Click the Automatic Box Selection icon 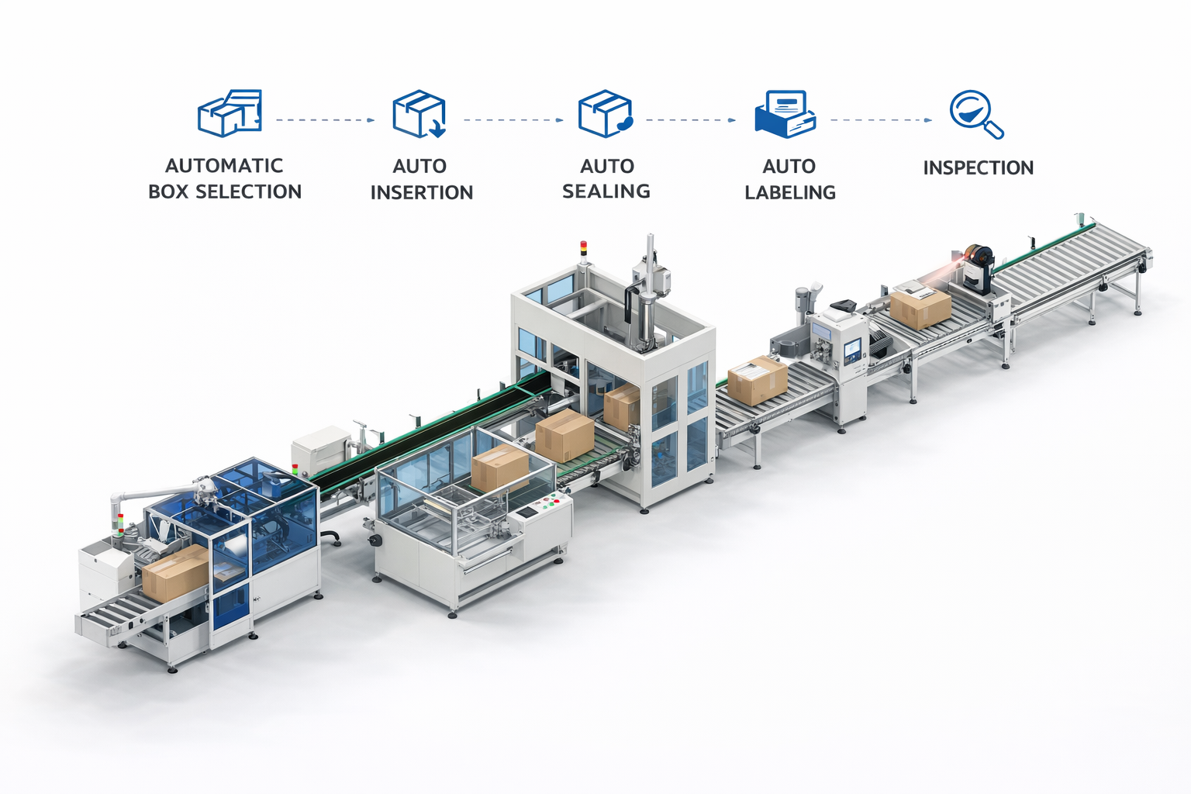point(230,112)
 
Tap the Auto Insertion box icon point(419,114)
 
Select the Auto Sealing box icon point(606,114)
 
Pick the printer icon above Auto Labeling point(785,114)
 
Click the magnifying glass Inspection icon point(977,114)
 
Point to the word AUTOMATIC point(224,165)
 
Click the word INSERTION point(422,192)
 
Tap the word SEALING point(606,191)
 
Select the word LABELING point(790,192)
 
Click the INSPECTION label point(979,167)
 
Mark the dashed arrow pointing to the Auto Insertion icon point(326,120)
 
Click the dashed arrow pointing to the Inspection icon point(881,120)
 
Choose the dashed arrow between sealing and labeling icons point(691,120)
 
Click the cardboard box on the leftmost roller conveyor point(175,573)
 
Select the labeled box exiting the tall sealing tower point(757,380)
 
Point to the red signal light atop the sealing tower point(584,246)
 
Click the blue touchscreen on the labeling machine point(852,350)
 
